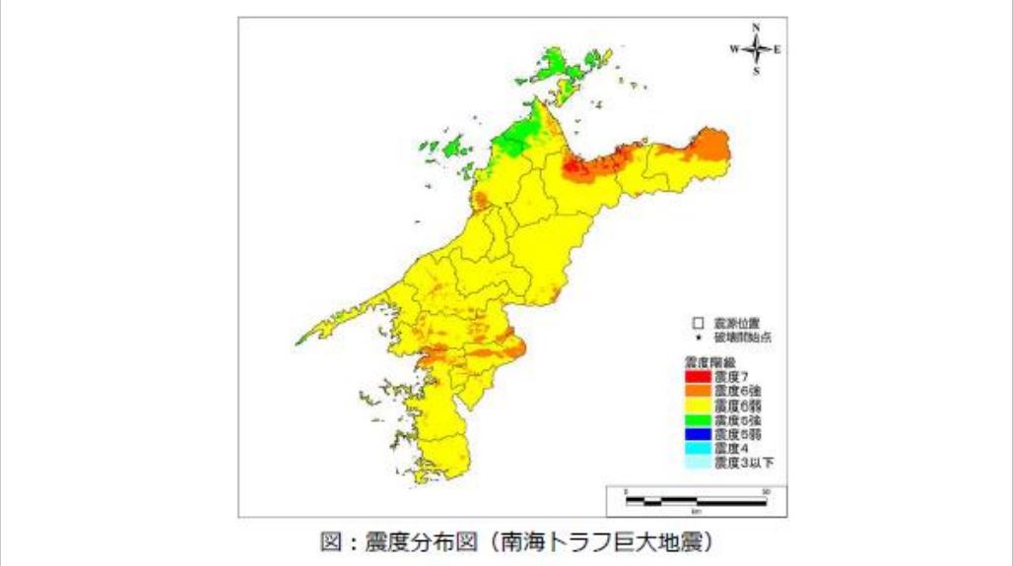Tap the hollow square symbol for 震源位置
(x=697, y=322)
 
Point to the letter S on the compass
(x=756, y=71)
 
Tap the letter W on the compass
(x=734, y=49)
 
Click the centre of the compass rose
(x=756, y=49)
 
